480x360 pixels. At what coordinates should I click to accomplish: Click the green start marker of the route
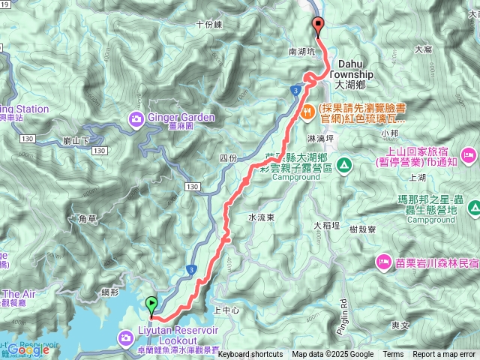click(x=152, y=304)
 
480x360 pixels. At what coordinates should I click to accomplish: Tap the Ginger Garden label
click(x=181, y=117)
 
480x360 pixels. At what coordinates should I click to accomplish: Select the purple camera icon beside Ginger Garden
click(x=136, y=118)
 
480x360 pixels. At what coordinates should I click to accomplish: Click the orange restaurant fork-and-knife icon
click(x=307, y=110)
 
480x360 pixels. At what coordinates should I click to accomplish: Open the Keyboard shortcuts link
click(x=250, y=355)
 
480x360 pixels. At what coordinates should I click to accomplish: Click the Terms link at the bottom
click(x=393, y=355)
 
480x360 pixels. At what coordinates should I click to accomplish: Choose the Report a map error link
click(x=443, y=355)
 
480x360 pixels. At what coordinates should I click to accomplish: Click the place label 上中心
click(x=226, y=309)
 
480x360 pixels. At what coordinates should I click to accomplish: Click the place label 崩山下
click(x=77, y=140)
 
